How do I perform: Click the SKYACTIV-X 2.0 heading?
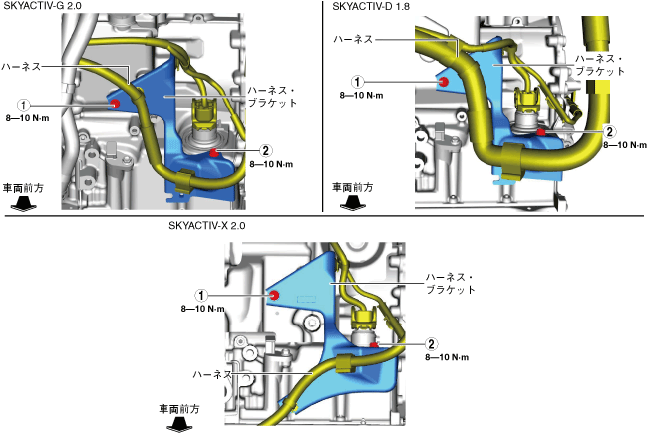[x=207, y=225]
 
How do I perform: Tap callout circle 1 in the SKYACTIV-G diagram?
[x=26, y=104]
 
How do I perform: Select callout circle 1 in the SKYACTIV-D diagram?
[x=358, y=82]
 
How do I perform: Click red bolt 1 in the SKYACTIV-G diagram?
[x=116, y=104]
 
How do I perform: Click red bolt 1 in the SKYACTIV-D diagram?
[x=443, y=82]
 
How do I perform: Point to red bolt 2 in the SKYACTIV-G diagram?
[x=215, y=152]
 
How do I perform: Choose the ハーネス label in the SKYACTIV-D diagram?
[x=354, y=39]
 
